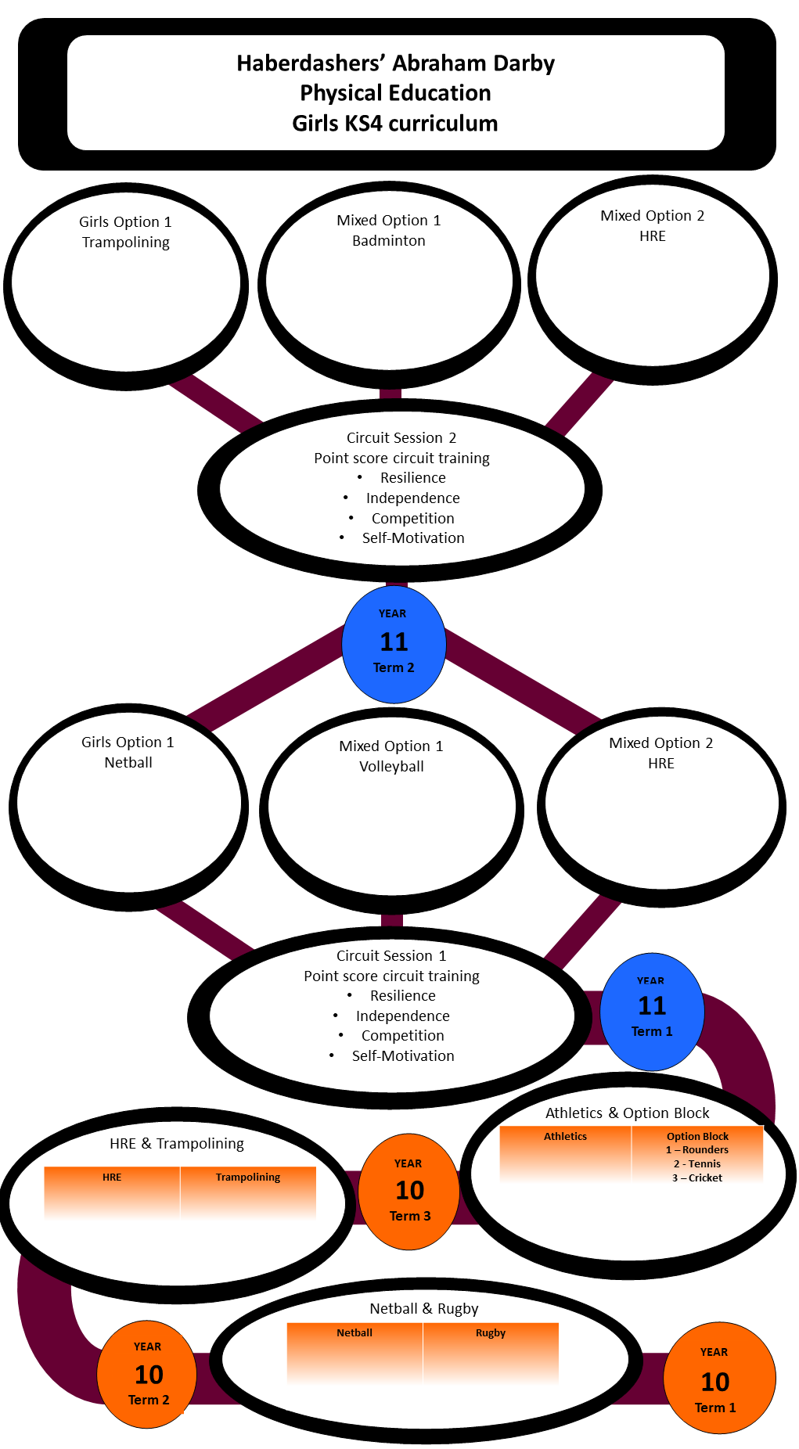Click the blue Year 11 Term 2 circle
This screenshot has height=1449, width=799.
point(394,643)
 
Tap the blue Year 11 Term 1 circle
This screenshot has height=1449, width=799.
point(652,1011)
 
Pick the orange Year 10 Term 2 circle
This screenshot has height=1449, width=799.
point(147,1375)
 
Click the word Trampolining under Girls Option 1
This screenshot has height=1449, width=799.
point(126,243)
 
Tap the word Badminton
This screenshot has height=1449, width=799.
point(389,241)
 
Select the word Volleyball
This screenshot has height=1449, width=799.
point(391,767)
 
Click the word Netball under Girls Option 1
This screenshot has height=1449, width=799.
point(128,763)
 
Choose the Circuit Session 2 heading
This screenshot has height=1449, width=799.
point(401,438)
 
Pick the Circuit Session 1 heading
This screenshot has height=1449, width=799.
point(391,956)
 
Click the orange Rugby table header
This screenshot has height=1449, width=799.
point(491,1333)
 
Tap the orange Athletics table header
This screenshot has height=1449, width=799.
point(565,1137)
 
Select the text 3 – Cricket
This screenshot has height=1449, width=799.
point(697,1178)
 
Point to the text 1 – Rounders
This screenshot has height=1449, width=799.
point(697,1150)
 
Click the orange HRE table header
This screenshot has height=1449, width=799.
point(112,1178)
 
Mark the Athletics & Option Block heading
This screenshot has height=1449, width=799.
point(628,1113)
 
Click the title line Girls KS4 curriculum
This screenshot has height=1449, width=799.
point(395,124)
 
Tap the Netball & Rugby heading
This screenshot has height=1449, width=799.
point(423,1309)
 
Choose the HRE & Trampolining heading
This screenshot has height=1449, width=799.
point(177,1144)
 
